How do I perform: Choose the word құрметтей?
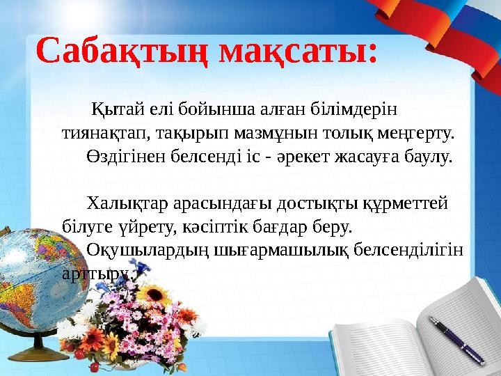pos(409,203)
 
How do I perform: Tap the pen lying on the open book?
pos(456,339)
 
